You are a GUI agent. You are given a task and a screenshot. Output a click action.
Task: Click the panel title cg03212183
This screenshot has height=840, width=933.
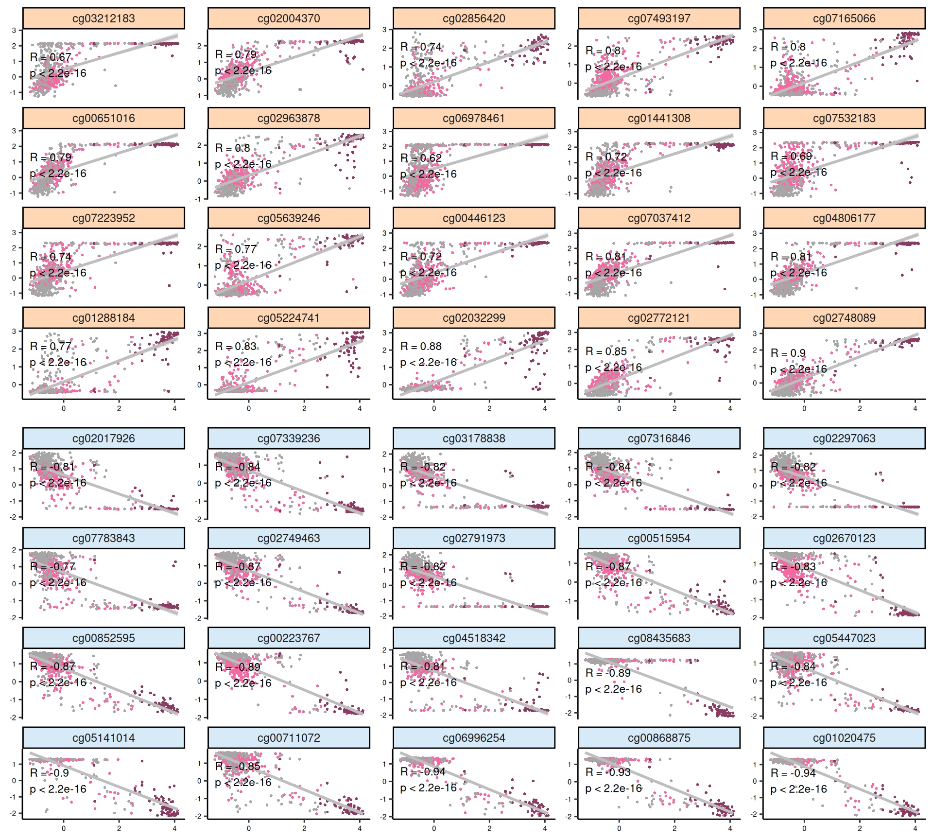tap(104, 18)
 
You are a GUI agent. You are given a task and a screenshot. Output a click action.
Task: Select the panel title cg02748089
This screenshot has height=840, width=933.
tap(844, 318)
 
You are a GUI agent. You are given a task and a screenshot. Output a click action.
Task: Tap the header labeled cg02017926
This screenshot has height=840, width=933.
tap(104, 438)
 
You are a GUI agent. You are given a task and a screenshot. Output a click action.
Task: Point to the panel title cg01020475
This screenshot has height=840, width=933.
tap(844, 738)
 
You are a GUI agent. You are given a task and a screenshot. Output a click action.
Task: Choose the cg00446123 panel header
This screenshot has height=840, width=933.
tap(474, 218)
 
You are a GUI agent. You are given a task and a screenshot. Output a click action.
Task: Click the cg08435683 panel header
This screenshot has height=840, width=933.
tap(659, 638)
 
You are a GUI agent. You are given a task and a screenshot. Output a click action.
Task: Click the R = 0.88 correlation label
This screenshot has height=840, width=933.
tap(421, 347)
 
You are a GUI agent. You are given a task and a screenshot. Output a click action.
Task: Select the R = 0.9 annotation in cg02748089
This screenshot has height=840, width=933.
tap(788, 353)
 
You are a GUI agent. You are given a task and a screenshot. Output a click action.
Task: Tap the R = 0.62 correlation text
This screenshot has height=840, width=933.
tap(421, 158)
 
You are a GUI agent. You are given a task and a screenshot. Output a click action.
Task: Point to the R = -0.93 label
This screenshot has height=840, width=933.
tap(608, 772)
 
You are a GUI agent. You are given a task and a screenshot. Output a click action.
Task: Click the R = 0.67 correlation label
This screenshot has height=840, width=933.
tap(51, 57)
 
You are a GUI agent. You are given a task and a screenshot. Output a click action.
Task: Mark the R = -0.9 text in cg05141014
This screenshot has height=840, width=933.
tap(49, 773)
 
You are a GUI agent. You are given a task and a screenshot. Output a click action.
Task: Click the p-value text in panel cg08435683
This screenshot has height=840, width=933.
tap(613, 689)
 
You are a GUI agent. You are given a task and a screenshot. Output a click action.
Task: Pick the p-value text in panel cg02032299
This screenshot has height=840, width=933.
tap(428, 362)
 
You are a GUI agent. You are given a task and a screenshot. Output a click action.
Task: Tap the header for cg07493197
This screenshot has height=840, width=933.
tap(659, 18)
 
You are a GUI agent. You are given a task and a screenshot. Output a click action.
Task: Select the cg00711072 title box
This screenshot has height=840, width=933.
tap(289, 738)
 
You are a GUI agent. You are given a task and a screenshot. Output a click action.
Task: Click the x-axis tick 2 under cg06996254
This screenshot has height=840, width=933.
tap(489, 828)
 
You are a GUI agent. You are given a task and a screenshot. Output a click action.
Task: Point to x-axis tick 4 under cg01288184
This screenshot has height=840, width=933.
tap(174, 408)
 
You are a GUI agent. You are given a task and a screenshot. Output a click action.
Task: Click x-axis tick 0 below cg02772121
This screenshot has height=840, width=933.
tap(619, 408)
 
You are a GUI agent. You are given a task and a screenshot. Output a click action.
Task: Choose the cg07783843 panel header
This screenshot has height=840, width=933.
tap(104, 538)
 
